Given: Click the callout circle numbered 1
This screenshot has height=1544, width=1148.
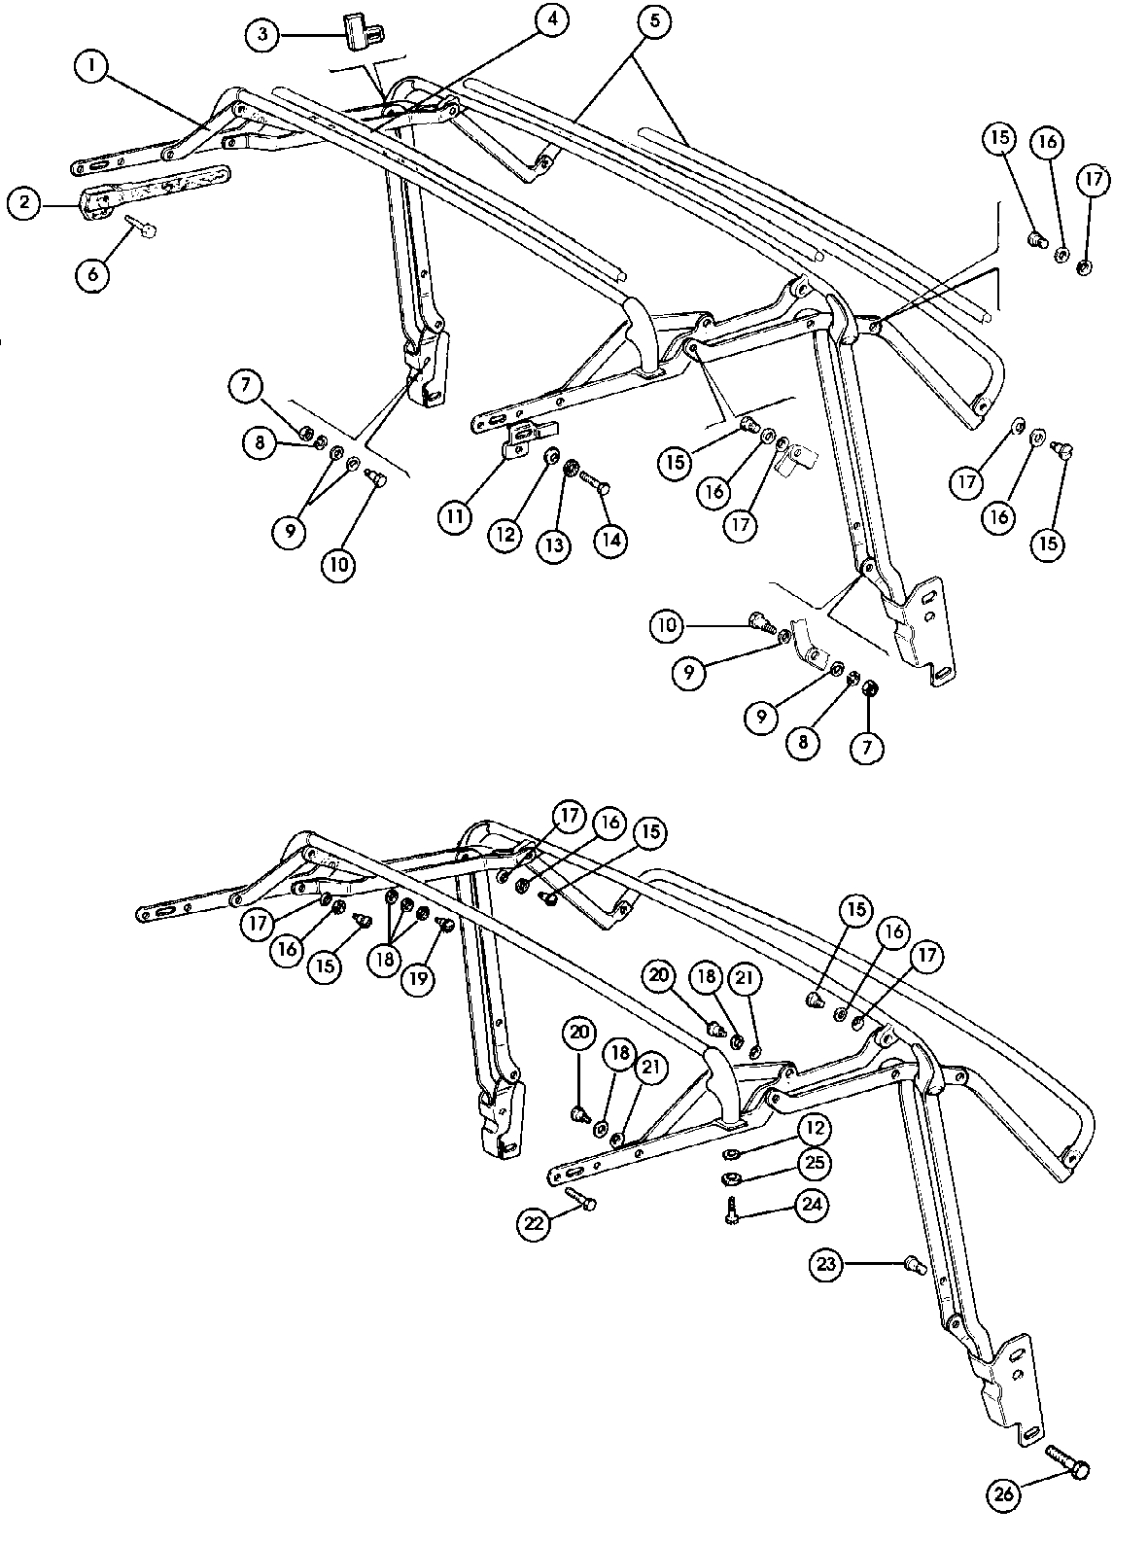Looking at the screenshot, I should click(93, 66).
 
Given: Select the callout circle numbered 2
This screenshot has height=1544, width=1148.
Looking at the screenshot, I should click(26, 203).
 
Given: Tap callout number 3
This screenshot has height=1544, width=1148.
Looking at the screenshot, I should click(262, 36).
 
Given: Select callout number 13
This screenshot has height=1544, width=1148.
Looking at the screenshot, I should click(554, 544).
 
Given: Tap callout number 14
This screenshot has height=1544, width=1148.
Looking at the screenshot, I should click(611, 541).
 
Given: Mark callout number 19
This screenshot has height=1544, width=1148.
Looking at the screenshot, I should click(419, 979).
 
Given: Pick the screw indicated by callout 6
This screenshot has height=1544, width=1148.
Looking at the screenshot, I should click(142, 228).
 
